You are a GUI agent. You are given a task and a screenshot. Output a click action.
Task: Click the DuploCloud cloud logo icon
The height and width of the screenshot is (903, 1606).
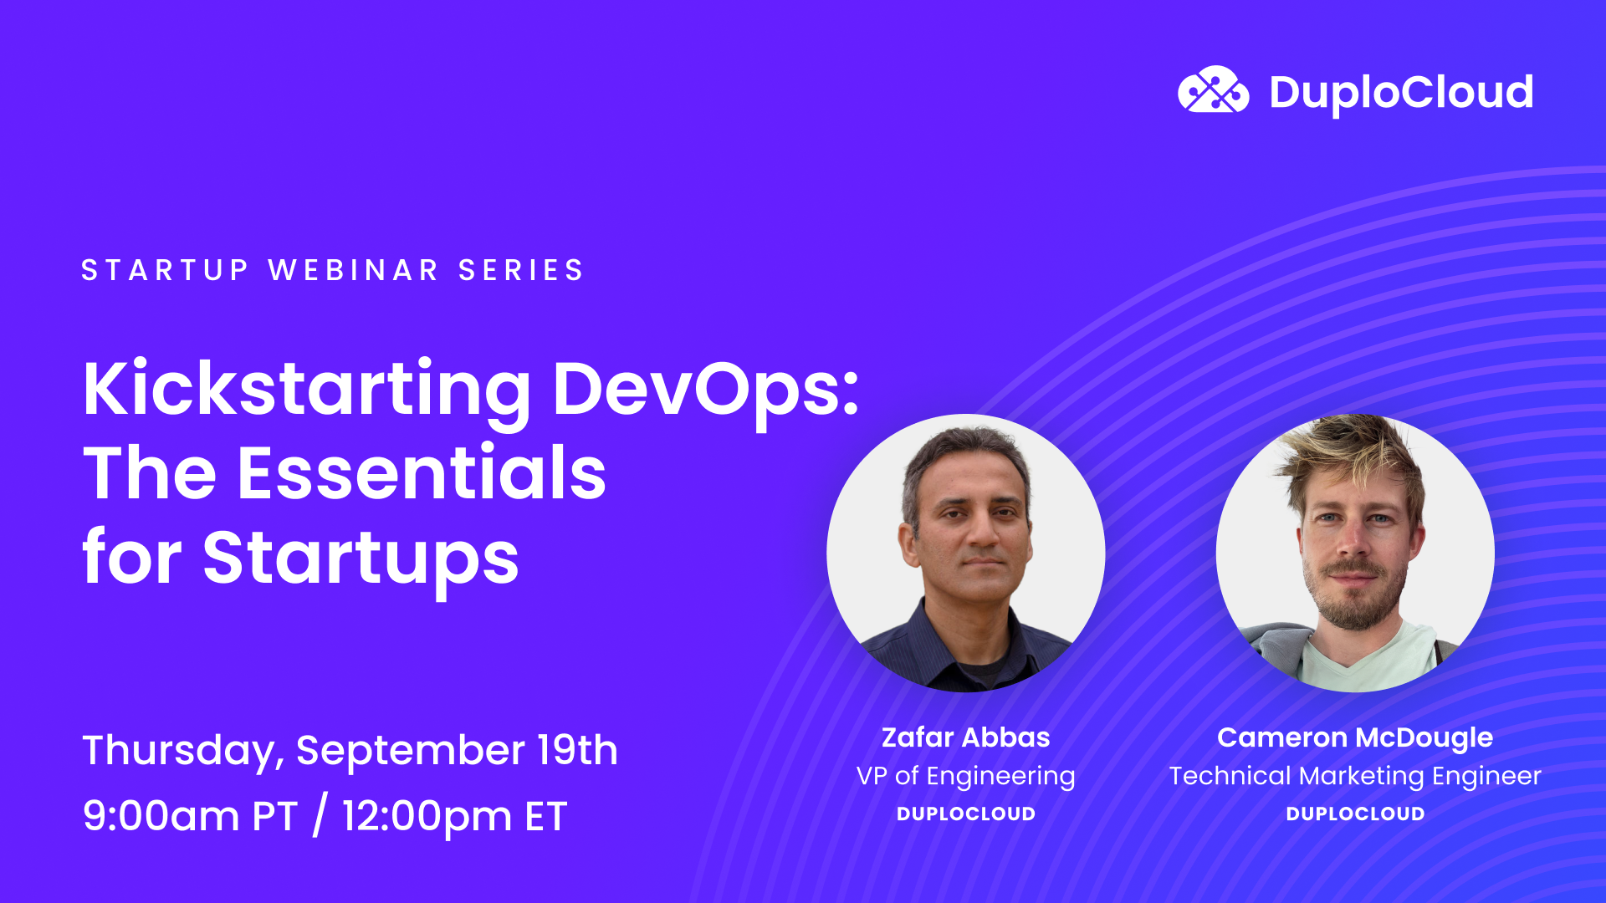(1213, 90)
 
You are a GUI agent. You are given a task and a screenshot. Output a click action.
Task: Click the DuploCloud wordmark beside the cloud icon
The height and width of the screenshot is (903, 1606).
(1401, 92)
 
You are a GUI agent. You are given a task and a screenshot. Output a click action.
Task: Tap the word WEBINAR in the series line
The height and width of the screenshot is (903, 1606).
(353, 270)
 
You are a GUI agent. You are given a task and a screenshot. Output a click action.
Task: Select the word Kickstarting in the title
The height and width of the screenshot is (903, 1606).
(306, 390)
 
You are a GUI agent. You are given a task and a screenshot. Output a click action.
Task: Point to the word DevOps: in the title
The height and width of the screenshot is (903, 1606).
(706, 390)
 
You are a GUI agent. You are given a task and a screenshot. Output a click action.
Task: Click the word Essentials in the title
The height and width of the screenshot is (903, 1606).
(422, 473)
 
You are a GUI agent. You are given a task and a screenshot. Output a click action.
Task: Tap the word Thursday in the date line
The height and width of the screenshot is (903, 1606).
(178, 750)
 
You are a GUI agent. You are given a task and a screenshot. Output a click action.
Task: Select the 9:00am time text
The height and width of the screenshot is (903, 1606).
(161, 816)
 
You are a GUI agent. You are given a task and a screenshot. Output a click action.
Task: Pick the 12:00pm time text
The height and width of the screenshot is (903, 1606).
(427, 816)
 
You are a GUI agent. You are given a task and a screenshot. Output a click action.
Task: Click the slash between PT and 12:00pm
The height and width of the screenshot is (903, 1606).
(320, 816)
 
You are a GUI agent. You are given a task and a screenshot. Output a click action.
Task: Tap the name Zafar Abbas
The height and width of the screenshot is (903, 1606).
(965, 737)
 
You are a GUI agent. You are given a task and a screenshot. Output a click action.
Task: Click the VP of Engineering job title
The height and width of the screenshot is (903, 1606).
(965, 776)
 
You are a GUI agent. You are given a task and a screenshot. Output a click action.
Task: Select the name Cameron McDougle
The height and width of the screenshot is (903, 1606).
(1355, 737)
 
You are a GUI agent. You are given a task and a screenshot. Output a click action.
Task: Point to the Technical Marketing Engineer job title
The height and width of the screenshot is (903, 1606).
(1355, 776)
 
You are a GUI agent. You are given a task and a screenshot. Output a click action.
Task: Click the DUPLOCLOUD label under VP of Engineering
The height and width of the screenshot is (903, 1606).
(965, 814)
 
